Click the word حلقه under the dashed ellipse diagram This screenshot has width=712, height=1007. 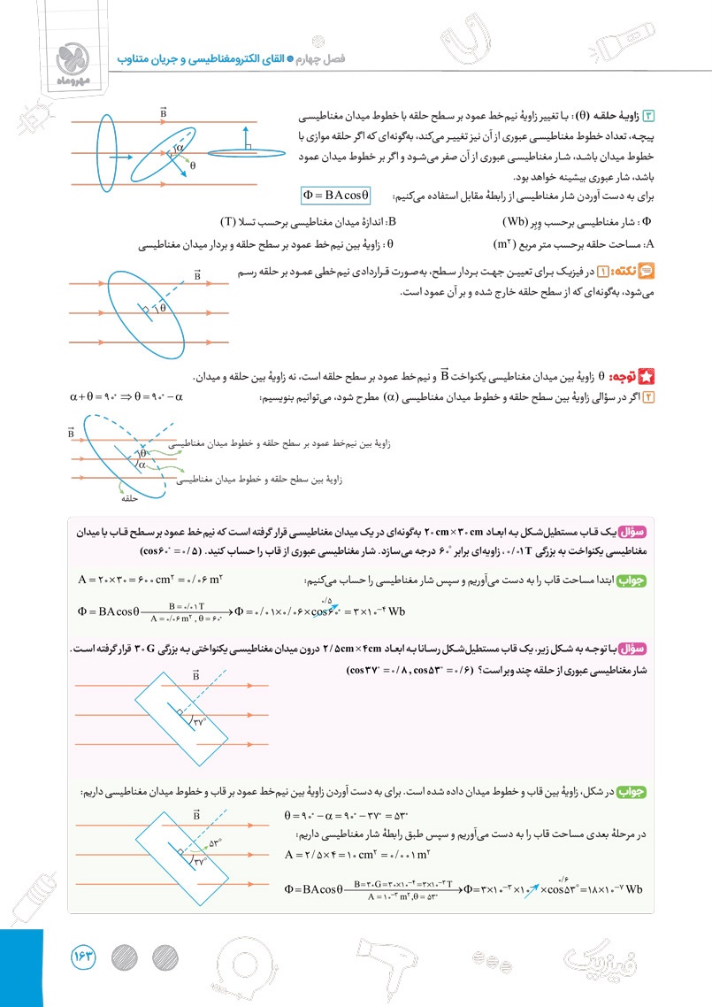click(133, 499)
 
